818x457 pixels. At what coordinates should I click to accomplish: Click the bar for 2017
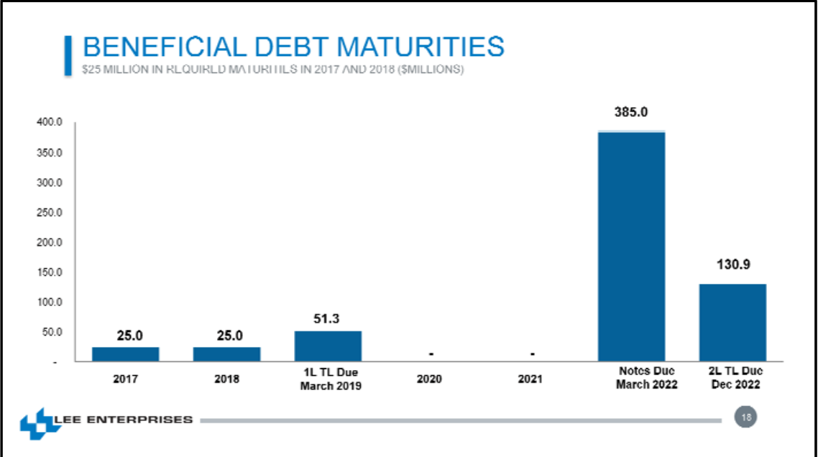(x=126, y=354)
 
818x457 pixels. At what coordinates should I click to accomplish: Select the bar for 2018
(x=227, y=354)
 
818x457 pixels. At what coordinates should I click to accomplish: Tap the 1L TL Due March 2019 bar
(x=328, y=346)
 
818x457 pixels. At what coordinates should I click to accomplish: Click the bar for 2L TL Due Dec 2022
(x=732, y=323)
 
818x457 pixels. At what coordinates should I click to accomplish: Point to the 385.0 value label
(x=631, y=113)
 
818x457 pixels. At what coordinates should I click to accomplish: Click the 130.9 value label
(x=733, y=264)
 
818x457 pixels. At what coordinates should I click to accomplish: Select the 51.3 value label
(x=327, y=318)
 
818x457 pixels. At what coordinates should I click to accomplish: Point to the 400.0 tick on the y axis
(x=50, y=123)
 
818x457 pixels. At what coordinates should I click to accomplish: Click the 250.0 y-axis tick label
(x=50, y=213)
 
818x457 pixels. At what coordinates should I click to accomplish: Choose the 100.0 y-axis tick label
(x=50, y=303)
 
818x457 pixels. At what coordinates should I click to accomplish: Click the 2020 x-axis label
(x=429, y=379)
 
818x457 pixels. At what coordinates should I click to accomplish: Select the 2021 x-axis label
(x=530, y=379)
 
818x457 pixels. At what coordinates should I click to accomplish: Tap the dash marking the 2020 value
(x=430, y=354)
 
